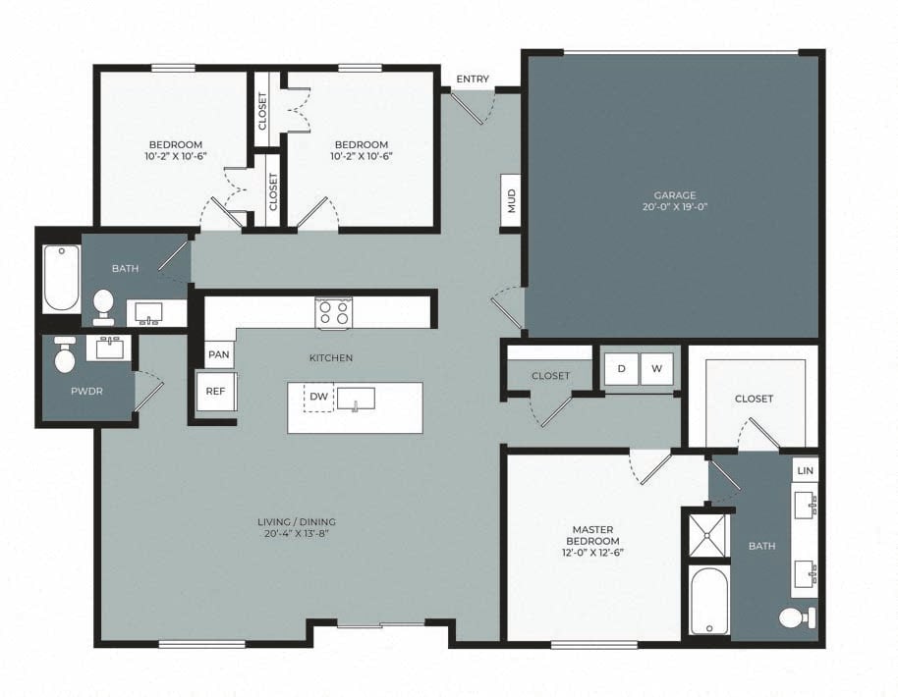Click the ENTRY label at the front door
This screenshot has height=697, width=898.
473,80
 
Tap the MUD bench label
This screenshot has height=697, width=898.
511,202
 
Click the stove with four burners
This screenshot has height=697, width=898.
333,312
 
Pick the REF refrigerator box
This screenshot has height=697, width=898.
216,391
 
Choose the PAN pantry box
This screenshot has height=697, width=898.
218,352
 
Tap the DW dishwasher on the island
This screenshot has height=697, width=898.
318,397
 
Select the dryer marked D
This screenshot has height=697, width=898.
621,368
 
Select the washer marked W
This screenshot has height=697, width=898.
657,368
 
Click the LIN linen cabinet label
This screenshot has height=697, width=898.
806,470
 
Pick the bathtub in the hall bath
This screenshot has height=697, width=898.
62,279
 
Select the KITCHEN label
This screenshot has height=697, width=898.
331,358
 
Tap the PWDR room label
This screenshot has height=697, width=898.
86,391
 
